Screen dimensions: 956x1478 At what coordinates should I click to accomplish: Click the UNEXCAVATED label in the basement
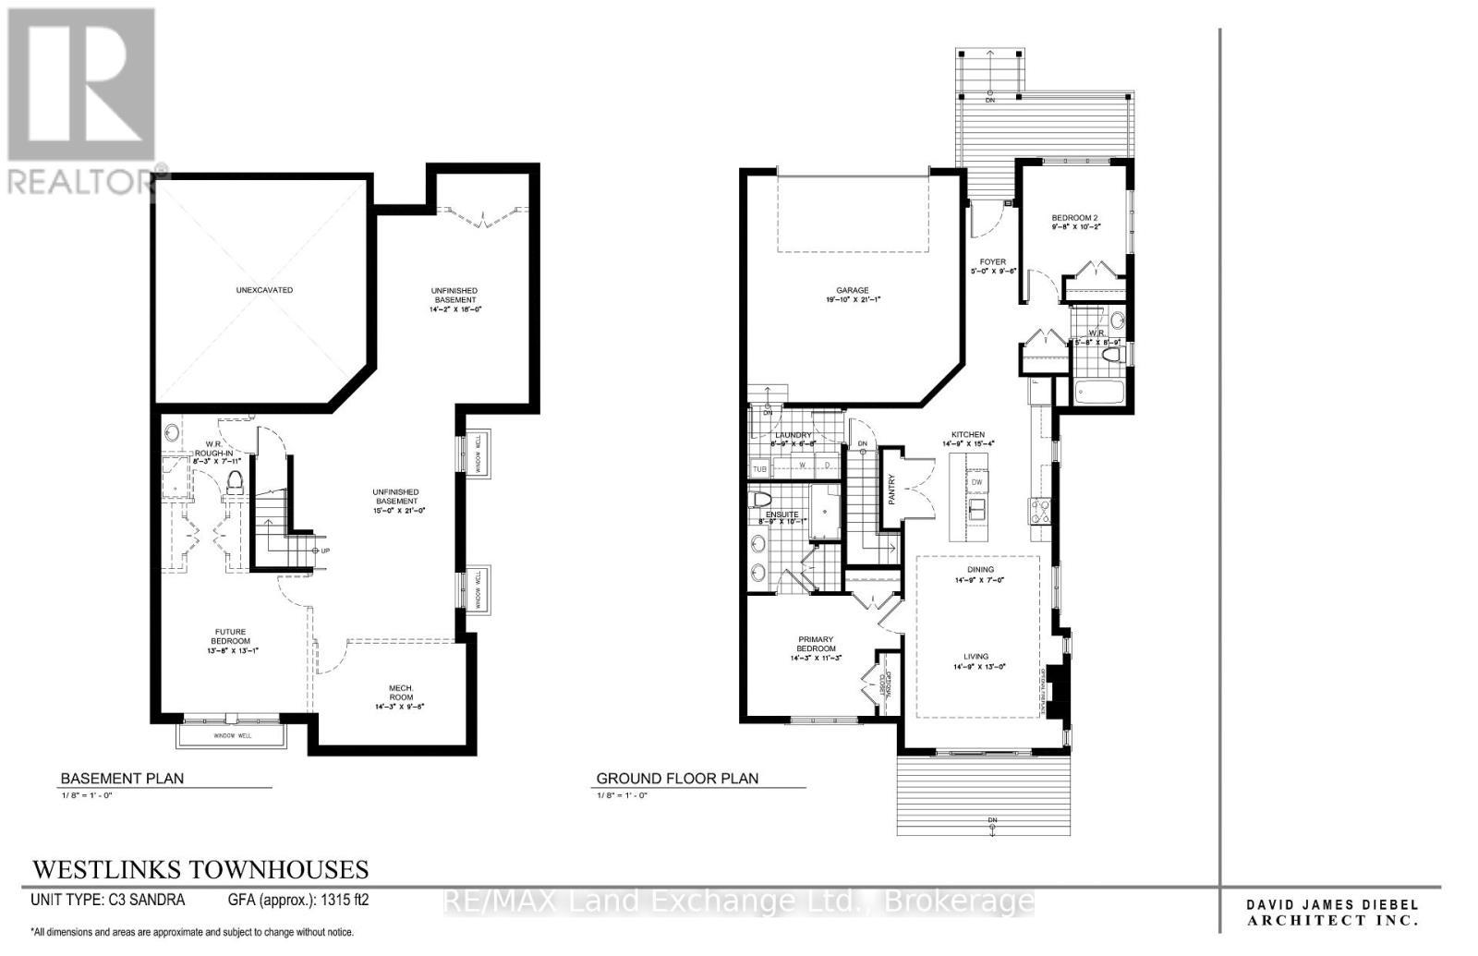point(264,290)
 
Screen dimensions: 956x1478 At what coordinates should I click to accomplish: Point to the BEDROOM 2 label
point(1074,219)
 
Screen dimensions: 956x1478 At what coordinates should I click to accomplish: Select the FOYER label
point(993,262)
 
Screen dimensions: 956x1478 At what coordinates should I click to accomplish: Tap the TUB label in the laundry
point(759,469)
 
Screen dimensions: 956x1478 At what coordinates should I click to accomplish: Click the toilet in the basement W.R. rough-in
point(235,481)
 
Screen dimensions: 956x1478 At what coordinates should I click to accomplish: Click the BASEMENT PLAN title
point(122,779)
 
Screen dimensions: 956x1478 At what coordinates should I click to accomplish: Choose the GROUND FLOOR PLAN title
point(677,779)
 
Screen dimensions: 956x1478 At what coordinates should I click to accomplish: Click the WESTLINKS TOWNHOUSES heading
point(200,869)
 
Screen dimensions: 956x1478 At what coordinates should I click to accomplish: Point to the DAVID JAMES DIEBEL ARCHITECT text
point(1332,913)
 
